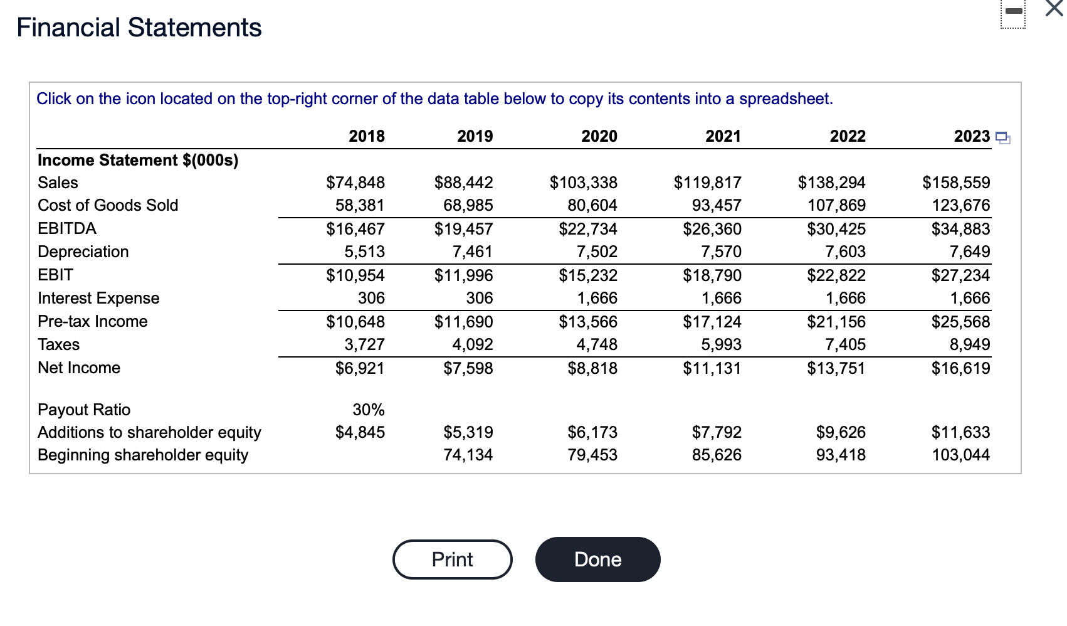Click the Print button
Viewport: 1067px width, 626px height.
pyautogui.click(x=452, y=560)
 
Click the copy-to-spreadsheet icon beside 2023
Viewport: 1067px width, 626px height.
pyautogui.click(x=1002, y=138)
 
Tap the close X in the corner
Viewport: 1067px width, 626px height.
pyautogui.click(x=1054, y=9)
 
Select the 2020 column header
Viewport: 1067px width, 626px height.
pyautogui.click(x=599, y=136)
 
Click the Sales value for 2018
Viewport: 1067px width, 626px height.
pyautogui.click(x=355, y=183)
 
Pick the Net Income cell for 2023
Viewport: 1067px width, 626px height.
pyautogui.click(x=960, y=368)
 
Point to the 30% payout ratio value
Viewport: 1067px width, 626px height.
pyautogui.click(x=368, y=410)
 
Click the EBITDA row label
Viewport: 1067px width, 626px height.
pyautogui.click(x=67, y=228)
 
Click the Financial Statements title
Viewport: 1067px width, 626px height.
pyautogui.click(x=139, y=28)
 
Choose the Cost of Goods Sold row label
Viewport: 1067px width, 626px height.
pyautogui.click(x=108, y=205)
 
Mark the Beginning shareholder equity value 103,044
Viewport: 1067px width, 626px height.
pyautogui.click(x=960, y=455)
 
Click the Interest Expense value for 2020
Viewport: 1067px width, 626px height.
pyautogui.click(x=597, y=298)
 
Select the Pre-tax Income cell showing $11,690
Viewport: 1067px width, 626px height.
pyautogui.click(x=463, y=322)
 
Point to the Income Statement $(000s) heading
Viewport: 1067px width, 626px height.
pyautogui.click(x=138, y=160)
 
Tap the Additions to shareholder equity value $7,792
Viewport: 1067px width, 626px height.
pyautogui.click(x=716, y=432)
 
